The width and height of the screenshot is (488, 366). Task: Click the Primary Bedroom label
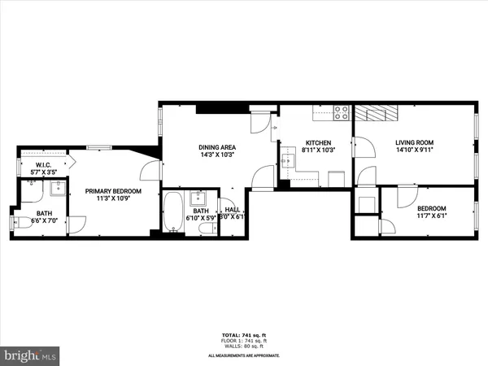(113, 192)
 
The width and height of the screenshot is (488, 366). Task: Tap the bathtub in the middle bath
(174, 213)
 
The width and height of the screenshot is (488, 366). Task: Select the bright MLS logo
(30, 355)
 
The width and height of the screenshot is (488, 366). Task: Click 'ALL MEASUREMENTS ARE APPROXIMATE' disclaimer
(244, 355)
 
